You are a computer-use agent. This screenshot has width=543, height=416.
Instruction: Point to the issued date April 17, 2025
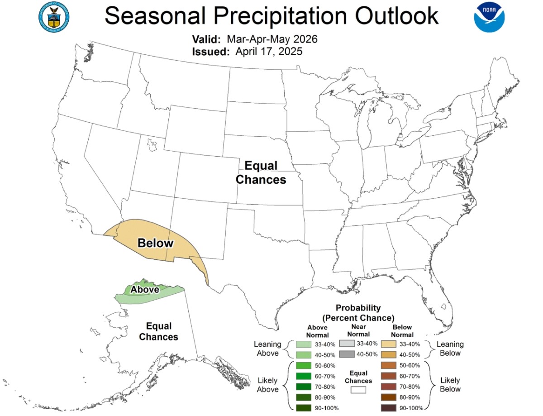click(269, 52)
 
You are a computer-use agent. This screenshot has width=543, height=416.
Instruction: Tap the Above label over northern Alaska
click(145, 289)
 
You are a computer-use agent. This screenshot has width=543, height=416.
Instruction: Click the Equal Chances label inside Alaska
click(158, 331)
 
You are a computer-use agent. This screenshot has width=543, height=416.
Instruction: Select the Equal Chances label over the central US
click(261, 172)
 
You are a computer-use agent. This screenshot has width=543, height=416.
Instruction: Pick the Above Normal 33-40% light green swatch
click(303, 344)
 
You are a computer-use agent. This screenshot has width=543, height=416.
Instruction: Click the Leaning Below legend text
click(450, 349)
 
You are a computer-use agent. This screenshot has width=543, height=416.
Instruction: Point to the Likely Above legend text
click(267, 385)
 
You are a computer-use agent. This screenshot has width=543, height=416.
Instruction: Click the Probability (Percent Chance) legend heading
click(358, 312)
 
